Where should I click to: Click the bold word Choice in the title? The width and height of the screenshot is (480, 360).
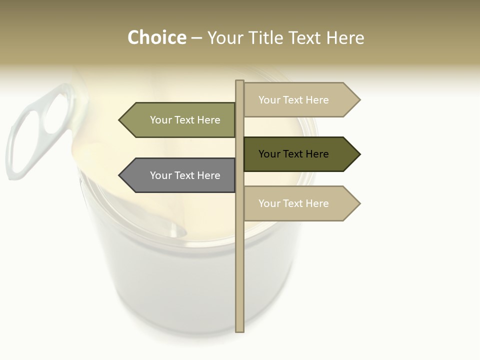(x=156, y=38)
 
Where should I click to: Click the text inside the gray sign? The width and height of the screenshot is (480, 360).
(x=185, y=175)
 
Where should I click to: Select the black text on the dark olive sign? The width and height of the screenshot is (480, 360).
(x=293, y=154)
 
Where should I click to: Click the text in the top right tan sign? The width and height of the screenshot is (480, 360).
(x=293, y=100)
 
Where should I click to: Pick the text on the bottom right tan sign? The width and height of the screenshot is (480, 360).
(x=293, y=203)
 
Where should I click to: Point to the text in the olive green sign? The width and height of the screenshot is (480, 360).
(x=185, y=120)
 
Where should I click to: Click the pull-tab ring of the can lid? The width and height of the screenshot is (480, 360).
(x=35, y=130)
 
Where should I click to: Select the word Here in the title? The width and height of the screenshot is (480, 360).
(x=345, y=38)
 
